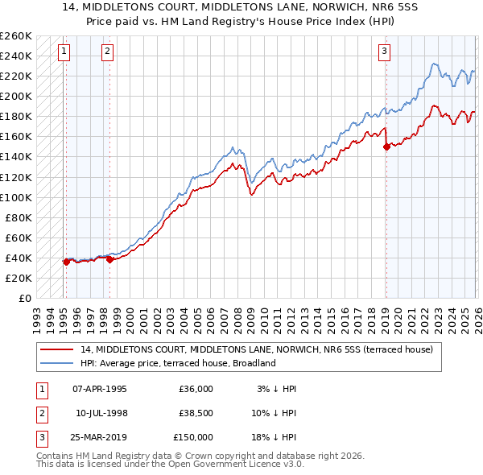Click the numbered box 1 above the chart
[64, 52]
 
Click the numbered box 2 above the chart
[108, 52]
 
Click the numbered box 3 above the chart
[384, 52]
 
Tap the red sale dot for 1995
[66, 262]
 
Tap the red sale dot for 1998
[109, 259]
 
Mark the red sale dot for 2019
[386, 147]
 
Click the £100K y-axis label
[16, 197]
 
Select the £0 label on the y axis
[23, 298]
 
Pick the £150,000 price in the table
[193, 437]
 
